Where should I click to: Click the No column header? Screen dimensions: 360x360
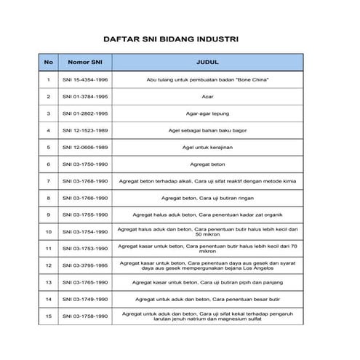[48, 63]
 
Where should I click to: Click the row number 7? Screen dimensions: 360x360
[48, 181]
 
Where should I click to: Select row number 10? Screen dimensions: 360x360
[48, 232]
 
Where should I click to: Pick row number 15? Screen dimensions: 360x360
[48, 316]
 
